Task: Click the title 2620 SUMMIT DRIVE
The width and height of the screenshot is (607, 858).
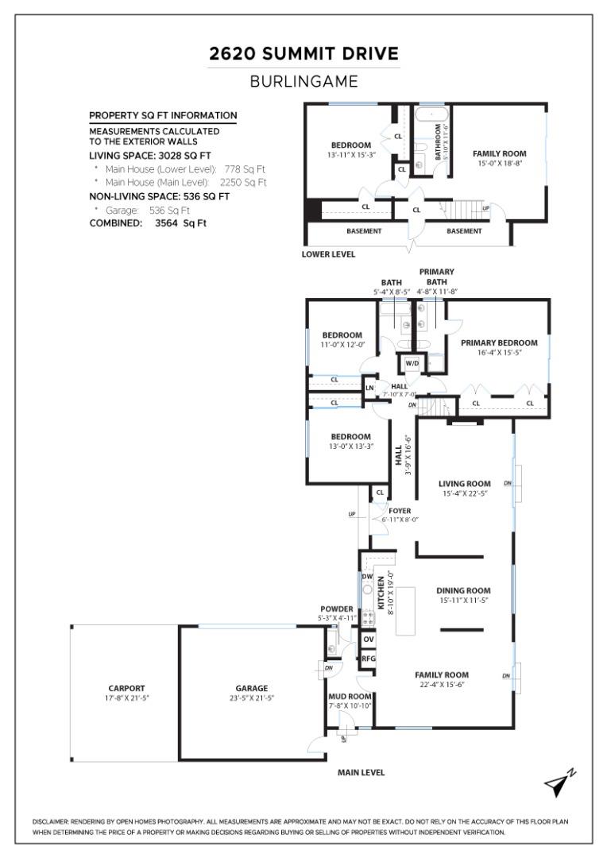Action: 303,54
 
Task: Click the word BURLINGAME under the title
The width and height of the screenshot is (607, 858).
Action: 303,81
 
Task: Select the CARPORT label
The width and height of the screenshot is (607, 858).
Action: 126,688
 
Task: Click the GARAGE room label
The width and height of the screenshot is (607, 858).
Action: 251,688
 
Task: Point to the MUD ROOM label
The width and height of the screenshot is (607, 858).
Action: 350,695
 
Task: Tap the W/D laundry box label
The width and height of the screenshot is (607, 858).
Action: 412,363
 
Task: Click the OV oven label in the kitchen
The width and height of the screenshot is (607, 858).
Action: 368,639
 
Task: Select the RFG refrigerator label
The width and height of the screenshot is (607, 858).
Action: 368,659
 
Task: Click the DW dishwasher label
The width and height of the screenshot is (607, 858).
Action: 367,576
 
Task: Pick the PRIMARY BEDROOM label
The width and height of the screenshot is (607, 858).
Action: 499,342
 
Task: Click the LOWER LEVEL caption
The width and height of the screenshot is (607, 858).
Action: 328,254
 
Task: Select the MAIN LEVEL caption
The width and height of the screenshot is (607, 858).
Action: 361,771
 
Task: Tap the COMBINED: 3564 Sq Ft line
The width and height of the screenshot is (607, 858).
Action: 148,223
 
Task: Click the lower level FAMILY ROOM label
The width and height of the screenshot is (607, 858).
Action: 499,153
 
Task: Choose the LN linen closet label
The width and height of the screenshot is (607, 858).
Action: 369,388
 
